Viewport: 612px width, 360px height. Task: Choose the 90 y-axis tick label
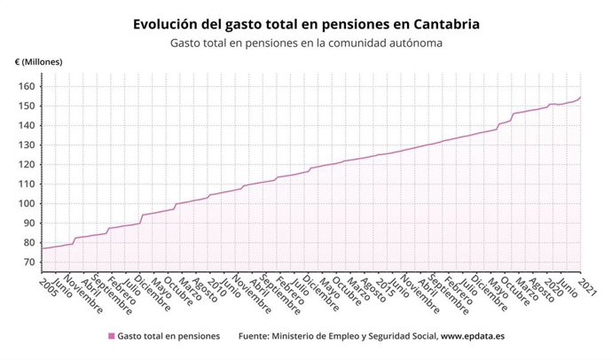(x=27, y=223)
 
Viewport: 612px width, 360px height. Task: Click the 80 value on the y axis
(x=27, y=242)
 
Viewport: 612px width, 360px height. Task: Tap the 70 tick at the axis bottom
(x=27, y=262)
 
